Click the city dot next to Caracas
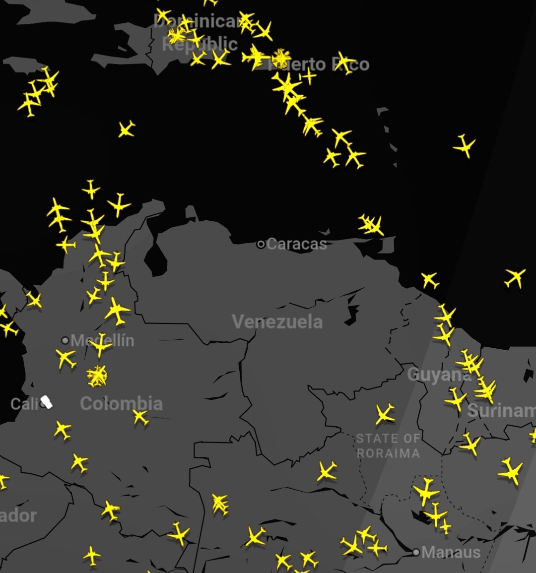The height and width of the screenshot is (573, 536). coord(261,244)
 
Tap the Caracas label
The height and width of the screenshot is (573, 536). coord(297,244)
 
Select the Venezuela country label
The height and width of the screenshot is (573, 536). coord(277,322)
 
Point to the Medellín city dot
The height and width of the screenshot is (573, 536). coord(65,340)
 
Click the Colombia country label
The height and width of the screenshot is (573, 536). coord(121,403)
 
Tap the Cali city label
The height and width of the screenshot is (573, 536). coord(24,404)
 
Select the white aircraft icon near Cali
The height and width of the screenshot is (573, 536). coord(47,402)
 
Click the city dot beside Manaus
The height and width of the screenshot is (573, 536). coord(416,552)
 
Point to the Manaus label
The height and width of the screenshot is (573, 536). coord(451,552)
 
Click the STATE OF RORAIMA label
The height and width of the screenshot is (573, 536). coord(388,446)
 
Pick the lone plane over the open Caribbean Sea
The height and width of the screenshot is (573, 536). coord(127,129)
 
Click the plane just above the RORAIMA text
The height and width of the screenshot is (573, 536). coord(385,414)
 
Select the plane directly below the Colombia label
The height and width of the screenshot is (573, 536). coord(140,417)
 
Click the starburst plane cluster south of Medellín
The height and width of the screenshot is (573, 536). coord(97,376)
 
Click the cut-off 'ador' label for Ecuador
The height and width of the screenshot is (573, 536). coord(18,515)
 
